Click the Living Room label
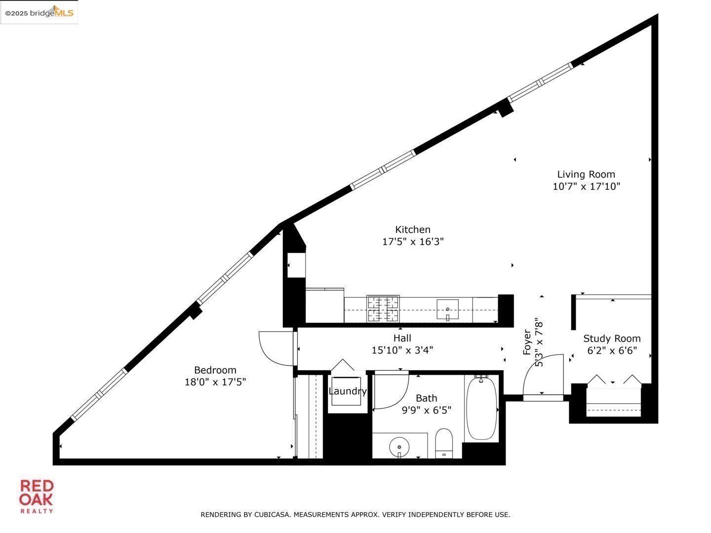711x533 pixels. tap(586, 174)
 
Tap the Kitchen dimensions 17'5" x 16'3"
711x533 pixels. tap(413, 242)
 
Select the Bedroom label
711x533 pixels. tap(215, 370)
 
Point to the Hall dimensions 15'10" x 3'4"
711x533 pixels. tap(402, 350)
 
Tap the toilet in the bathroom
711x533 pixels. tap(444, 443)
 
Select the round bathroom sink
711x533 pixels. tap(399, 448)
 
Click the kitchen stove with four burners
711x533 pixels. tap(383, 309)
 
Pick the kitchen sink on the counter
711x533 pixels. tap(447, 310)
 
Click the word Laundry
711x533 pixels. tap(348, 391)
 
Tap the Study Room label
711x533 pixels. tap(612, 339)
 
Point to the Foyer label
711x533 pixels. tap(527, 342)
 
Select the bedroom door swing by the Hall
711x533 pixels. tap(276, 348)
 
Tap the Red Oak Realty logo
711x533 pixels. tap(36, 496)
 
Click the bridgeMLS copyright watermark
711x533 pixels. tap(39, 13)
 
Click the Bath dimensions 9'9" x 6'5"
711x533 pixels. tap(426, 410)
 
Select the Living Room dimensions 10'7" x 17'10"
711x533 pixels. tap(586, 187)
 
